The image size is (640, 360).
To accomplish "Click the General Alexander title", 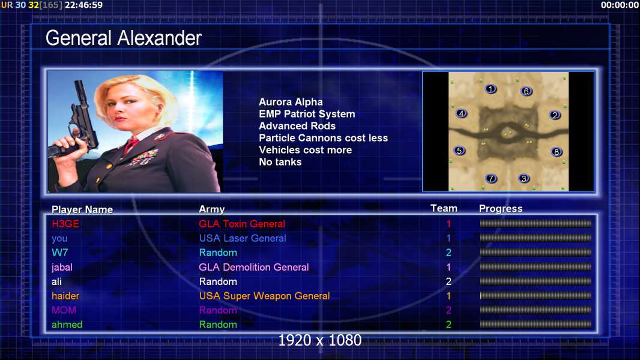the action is click(x=123, y=38).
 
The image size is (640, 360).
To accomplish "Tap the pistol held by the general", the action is click(x=76, y=122).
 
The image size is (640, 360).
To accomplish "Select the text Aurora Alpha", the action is click(x=291, y=102).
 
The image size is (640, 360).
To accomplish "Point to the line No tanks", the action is click(x=280, y=162).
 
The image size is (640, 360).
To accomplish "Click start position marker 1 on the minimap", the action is click(x=491, y=89).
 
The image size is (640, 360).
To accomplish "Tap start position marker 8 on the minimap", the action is click(x=557, y=152).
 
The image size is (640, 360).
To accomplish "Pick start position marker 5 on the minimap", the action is click(x=460, y=151).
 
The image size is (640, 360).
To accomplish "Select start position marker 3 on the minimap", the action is click(x=524, y=178).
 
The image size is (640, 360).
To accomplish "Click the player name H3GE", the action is click(x=65, y=224).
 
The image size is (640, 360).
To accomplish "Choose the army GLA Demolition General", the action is click(x=254, y=267).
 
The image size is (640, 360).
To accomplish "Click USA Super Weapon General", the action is click(x=265, y=296).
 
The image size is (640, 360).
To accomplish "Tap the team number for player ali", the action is click(x=448, y=281).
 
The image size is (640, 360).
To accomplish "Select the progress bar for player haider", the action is click(x=536, y=296).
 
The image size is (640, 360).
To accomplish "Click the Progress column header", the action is click(x=500, y=209).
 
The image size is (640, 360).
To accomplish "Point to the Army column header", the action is click(x=211, y=209).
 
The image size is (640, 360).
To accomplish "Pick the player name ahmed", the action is click(x=67, y=325).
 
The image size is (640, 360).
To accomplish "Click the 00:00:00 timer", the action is click(x=620, y=5).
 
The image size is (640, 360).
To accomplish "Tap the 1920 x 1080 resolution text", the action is click(x=319, y=340).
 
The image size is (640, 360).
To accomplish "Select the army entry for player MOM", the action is click(x=218, y=310).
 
